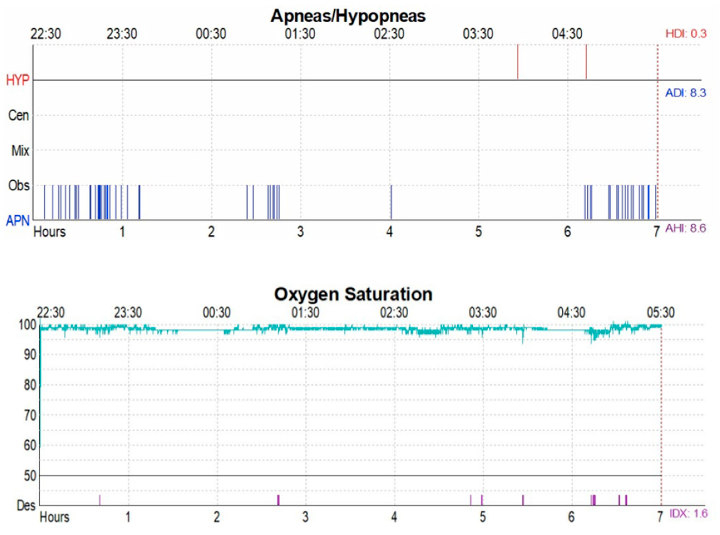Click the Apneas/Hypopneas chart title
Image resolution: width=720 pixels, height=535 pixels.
coord(348,16)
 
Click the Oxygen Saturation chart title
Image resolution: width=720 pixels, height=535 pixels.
coord(353,294)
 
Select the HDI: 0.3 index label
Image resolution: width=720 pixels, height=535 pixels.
coord(686,34)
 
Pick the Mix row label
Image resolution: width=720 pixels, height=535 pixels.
coord(20,151)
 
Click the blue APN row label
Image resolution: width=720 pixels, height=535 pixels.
coord(18,221)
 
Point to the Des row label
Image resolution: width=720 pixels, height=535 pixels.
coord(26,505)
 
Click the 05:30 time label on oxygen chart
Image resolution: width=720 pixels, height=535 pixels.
coord(661,313)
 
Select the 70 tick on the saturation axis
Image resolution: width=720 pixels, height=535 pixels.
coord(30,415)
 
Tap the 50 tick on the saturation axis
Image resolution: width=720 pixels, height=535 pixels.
coord(30,476)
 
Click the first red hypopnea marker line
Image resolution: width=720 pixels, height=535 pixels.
coord(518,61)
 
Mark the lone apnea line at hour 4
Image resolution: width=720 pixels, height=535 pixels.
coord(391,203)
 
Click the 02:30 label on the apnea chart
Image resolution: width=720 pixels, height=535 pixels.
coord(389,34)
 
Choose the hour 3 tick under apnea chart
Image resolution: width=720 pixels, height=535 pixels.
coord(300,232)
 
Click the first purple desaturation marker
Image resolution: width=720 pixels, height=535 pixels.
coord(100,500)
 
